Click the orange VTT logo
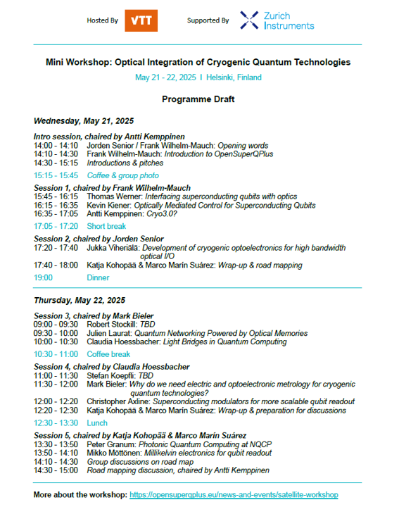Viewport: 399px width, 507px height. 141,20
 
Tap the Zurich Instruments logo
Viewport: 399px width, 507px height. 277,20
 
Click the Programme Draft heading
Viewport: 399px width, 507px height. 198,99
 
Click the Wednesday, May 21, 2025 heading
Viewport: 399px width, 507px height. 84,121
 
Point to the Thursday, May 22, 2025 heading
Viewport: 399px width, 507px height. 80,300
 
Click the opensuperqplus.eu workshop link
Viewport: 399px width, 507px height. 234,495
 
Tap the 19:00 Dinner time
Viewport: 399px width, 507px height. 43,278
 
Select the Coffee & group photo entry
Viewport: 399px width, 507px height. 122,175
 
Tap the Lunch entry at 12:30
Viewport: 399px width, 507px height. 96,423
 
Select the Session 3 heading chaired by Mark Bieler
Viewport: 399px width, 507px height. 94,315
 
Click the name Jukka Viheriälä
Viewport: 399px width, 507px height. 113,248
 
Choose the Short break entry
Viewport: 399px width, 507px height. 106,226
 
